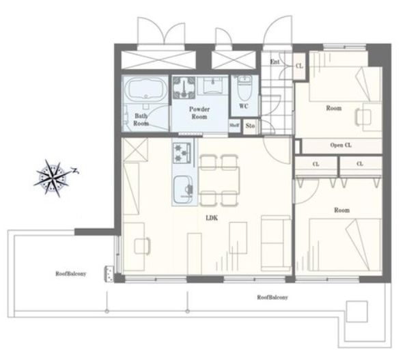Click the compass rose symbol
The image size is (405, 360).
pyautogui.click(x=53, y=178)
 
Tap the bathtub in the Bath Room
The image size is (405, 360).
pyautogui.click(x=145, y=89)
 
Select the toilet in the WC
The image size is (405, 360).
pyautogui.click(x=245, y=87)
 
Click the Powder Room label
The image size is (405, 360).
pyautogui.click(x=199, y=113)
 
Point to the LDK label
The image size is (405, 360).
pyautogui.click(x=212, y=218)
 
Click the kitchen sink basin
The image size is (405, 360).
pyautogui.click(x=183, y=189)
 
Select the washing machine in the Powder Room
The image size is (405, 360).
pyautogui.click(x=184, y=87)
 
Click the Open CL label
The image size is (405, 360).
pyautogui.click(x=341, y=146)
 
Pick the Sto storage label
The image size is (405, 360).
pyautogui.click(x=250, y=126)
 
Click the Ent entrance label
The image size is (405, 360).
pyautogui.click(x=275, y=61)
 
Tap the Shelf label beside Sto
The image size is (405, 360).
pyautogui.click(x=234, y=125)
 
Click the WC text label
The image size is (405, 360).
pyautogui.click(x=244, y=106)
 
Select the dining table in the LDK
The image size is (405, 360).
pyautogui.click(x=219, y=180)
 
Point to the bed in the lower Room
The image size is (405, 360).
pyautogui.click(x=346, y=245)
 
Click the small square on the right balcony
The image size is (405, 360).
pyautogui.click(x=357, y=311)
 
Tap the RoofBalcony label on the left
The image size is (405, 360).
pyautogui.click(x=71, y=273)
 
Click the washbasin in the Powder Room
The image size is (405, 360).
pyautogui.click(x=212, y=85)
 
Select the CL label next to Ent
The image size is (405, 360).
pyautogui.click(x=299, y=66)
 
